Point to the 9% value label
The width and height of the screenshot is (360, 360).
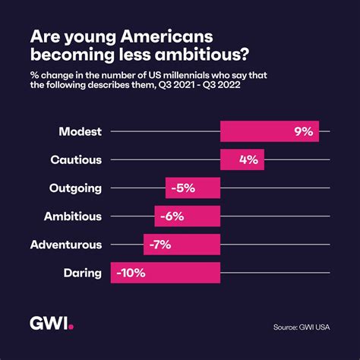[303, 131]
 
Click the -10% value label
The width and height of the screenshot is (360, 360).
[131, 272]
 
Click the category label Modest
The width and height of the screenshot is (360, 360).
[80, 131]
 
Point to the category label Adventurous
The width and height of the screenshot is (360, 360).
[65, 244]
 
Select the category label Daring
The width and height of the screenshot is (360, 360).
[82, 272]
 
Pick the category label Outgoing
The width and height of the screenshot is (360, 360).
[75, 188]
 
